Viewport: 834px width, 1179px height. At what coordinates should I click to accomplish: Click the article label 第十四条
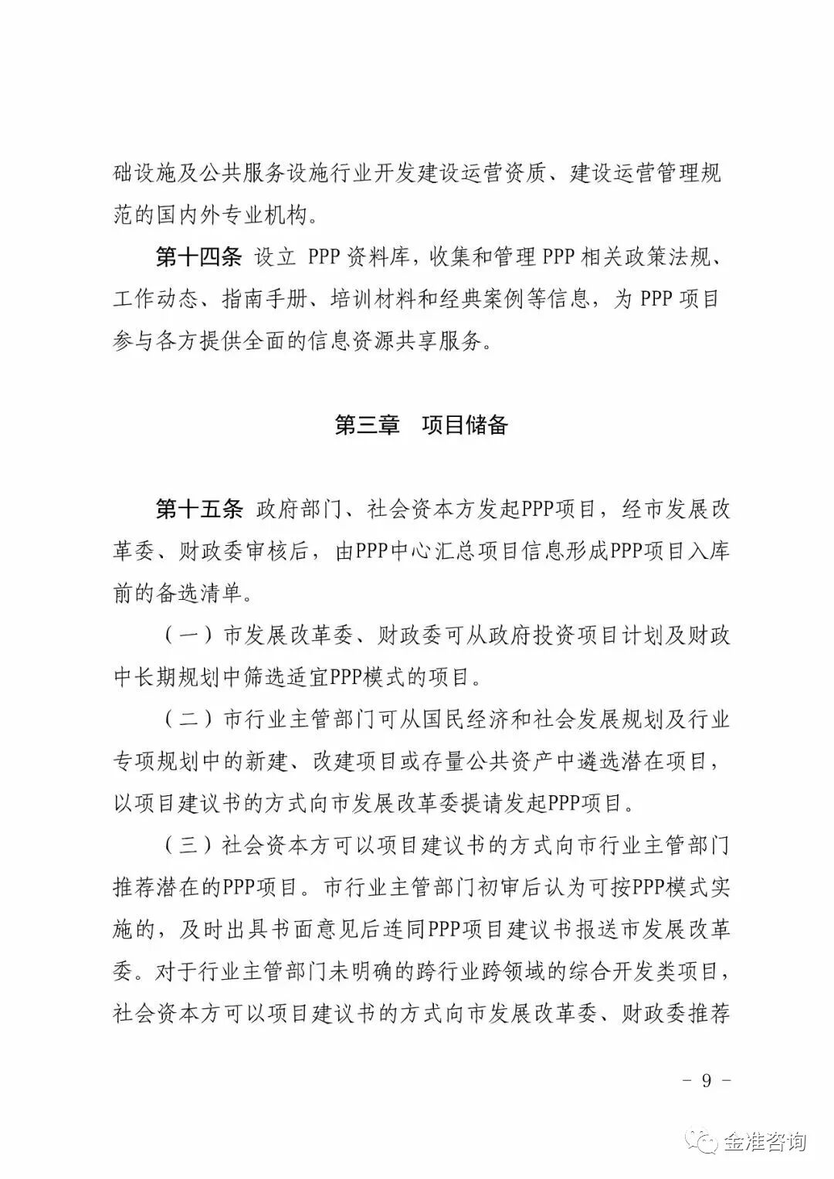point(199,257)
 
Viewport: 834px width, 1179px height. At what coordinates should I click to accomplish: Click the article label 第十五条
point(199,510)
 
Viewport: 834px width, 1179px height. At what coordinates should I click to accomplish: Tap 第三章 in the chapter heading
point(368,425)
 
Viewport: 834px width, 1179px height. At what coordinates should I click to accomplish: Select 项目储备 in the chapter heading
point(465,425)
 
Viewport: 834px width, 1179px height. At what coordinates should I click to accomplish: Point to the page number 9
point(707,1081)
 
